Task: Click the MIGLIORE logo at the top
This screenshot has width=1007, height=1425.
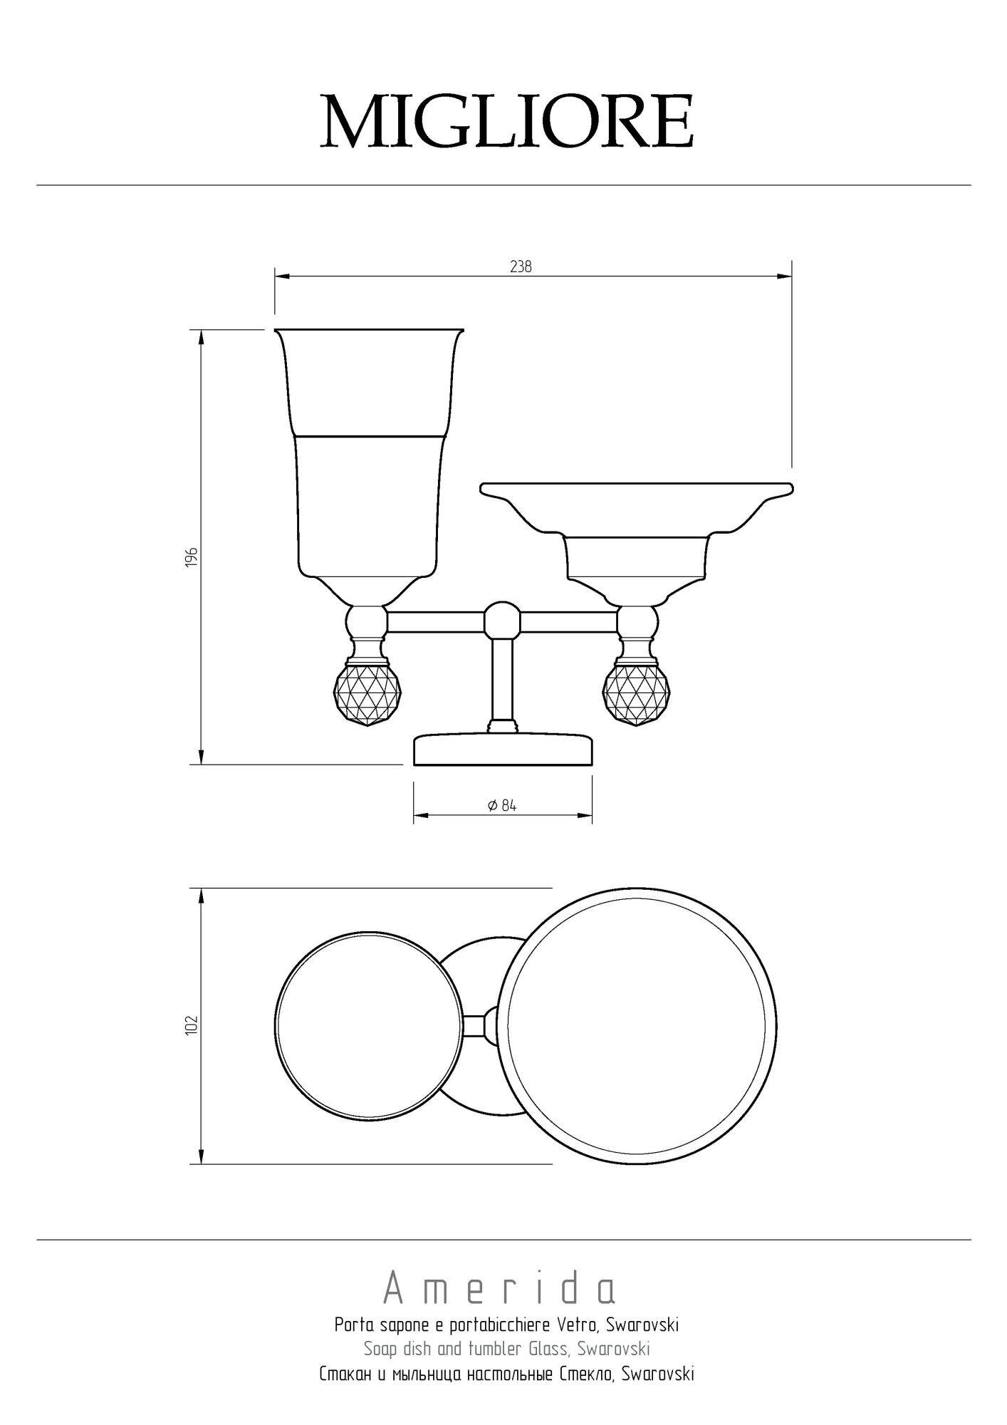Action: (506, 121)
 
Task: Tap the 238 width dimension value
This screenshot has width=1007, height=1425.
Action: (521, 266)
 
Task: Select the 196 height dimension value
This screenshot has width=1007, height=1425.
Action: (191, 557)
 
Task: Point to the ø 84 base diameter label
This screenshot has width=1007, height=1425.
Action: (502, 806)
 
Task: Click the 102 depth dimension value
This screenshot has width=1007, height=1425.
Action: (191, 1025)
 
